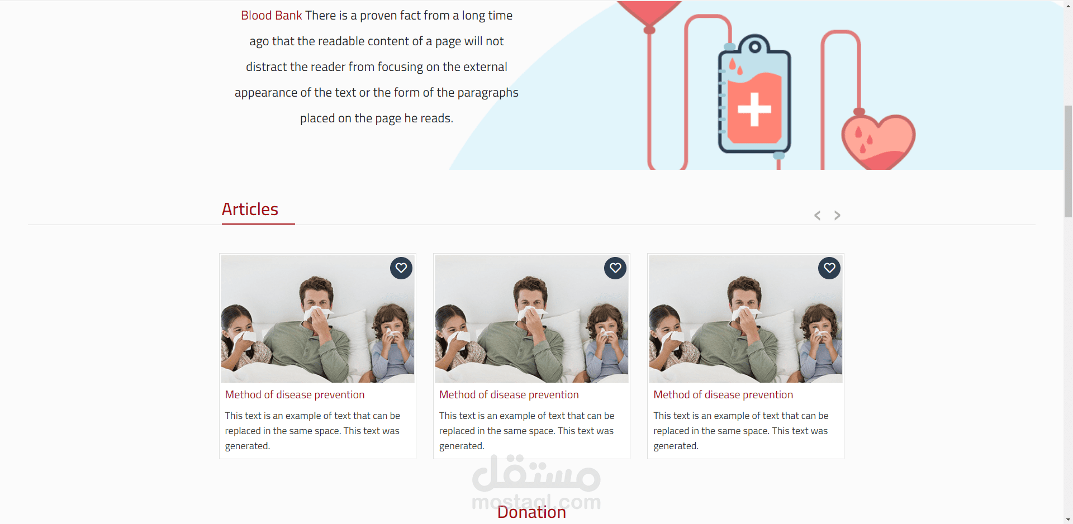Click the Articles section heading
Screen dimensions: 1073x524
[x=250, y=209]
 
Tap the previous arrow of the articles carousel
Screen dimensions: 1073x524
[x=817, y=216]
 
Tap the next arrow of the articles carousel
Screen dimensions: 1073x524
[x=837, y=216]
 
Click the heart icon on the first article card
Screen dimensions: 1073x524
[x=401, y=268]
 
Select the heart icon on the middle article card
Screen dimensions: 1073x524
[x=615, y=268]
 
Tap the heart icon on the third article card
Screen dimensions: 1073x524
[x=829, y=268]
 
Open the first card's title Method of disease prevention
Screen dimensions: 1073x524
[x=295, y=395]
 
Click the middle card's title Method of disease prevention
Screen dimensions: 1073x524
[x=509, y=395]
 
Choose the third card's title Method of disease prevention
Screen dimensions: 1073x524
[x=723, y=395]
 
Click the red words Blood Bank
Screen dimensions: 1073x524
[x=272, y=16]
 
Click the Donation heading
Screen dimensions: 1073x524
[x=531, y=512]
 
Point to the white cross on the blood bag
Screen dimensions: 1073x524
[x=754, y=109]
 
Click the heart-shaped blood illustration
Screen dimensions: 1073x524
[x=878, y=141]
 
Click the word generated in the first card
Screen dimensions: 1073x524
[x=246, y=446]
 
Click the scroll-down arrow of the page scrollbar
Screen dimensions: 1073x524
[x=1068, y=519]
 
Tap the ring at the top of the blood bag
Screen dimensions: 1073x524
[x=754, y=46]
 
